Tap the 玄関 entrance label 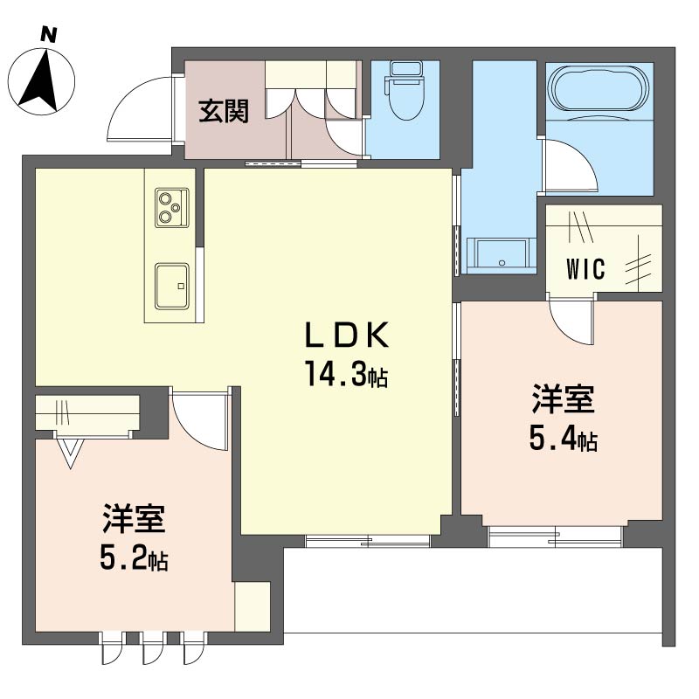[223, 111]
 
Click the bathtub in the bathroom [599, 90]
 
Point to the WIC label [585, 269]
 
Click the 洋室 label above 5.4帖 [564, 400]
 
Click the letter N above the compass [50, 35]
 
